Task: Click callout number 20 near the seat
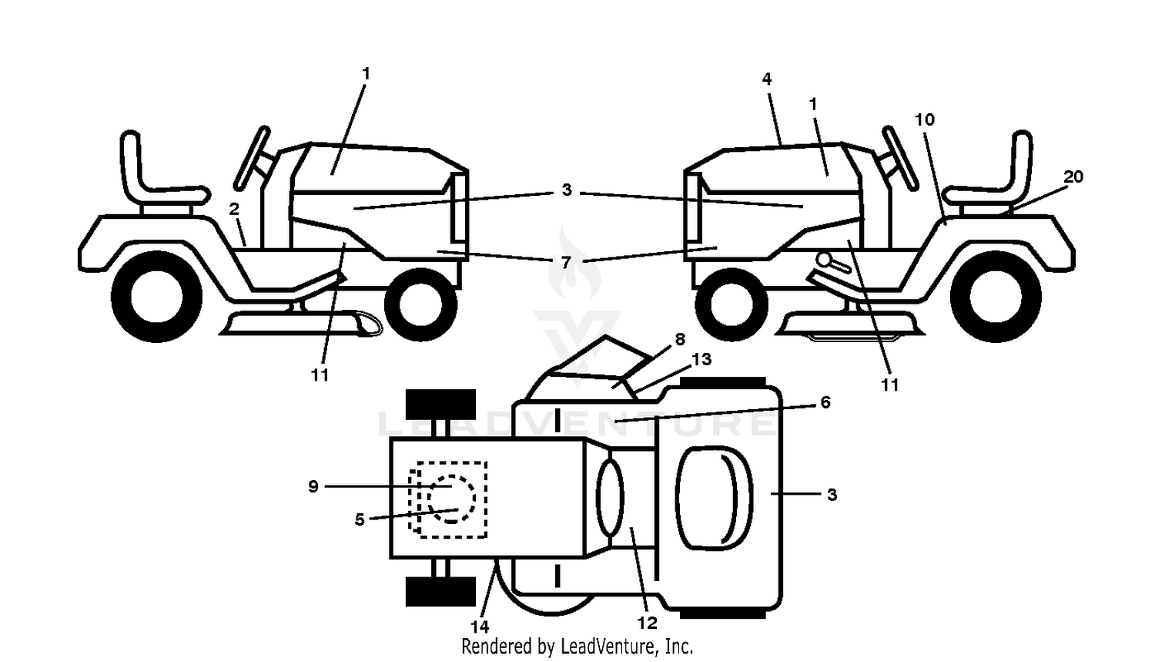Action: (1073, 177)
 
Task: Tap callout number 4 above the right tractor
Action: (767, 79)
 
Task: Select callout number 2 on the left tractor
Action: (234, 209)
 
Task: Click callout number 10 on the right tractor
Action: (925, 119)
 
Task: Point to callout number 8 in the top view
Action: (680, 339)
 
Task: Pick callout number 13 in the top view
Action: (701, 358)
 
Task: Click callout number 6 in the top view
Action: (825, 402)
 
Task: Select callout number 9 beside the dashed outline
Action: (313, 486)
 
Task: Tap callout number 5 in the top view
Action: (360, 519)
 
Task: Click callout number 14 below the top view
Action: (480, 627)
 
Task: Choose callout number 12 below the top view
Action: (647, 623)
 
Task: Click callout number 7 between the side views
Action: (566, 262)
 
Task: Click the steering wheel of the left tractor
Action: (252, 158)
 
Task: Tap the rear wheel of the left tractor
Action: (157, 297)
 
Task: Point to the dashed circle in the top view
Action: (451, 499)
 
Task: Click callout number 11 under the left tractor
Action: (320, 375)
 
